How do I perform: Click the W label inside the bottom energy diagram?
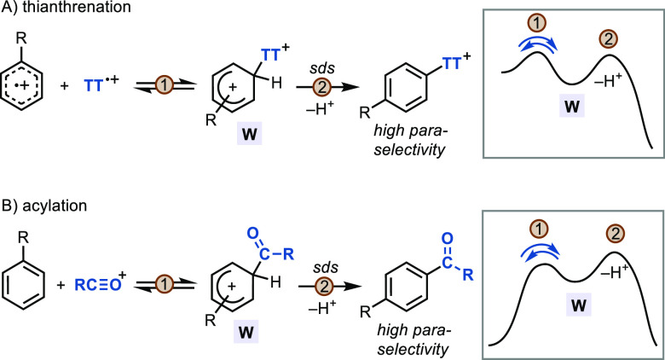pos(563,303)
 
